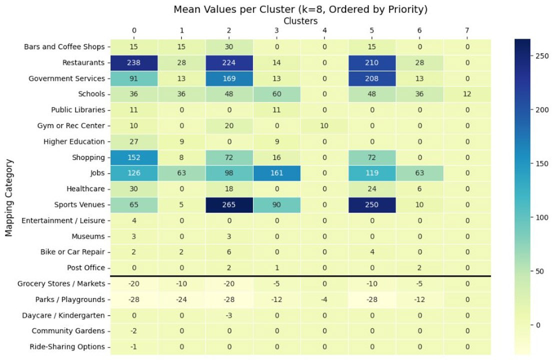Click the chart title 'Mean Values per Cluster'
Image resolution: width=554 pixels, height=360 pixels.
click(300, 9)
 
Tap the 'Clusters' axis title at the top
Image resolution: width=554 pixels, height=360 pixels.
click(300, 21)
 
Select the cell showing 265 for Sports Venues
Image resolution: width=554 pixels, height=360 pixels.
click(229, 204)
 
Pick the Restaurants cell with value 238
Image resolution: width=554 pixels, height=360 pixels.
click(134, 62)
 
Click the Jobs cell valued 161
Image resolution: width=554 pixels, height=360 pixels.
click(276, 173)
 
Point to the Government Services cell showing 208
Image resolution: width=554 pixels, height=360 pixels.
click(371, 78)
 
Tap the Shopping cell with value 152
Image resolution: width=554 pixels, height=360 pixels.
click(134, 157)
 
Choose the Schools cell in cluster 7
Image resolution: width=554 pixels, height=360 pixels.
click(466, 94)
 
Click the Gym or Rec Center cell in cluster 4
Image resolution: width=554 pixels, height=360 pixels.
click(324, 125)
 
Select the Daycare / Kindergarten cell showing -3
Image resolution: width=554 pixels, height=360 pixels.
click(229, 315)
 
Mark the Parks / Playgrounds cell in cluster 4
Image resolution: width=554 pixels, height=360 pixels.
click(324, 299)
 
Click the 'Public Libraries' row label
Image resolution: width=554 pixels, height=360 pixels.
click(78, 110)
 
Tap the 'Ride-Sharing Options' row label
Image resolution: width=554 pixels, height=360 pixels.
click(68, 347)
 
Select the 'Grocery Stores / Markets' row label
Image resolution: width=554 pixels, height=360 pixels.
click(61, 284)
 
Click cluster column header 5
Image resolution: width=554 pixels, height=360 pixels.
click(371, 31)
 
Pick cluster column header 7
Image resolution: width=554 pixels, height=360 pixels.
click(466, 31)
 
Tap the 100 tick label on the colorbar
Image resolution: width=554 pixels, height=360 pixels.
click(542, 217)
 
